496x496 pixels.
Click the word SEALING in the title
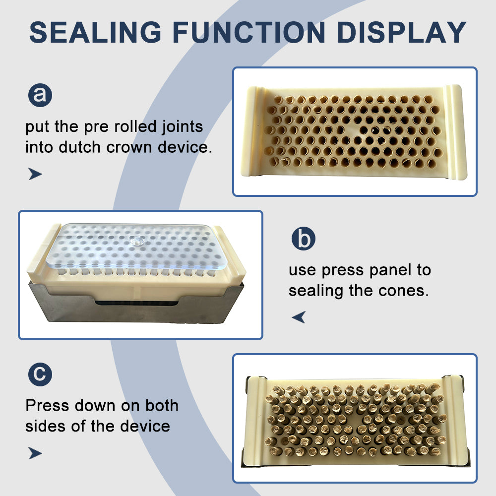[x=95, y=32]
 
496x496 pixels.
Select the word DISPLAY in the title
[x=401, y=32]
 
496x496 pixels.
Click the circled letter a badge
[x=40, y=95]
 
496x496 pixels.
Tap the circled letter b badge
[x=304, y=239]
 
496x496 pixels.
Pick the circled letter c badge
[x=40, y=374]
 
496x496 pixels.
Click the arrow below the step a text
[x=35, y=174]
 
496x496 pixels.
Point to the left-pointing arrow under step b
[x=299, y=317]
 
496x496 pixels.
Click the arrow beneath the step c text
[x=35, y=453]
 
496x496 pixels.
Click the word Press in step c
[x=47, y=406]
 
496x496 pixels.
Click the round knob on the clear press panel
[x=137, y=242]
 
